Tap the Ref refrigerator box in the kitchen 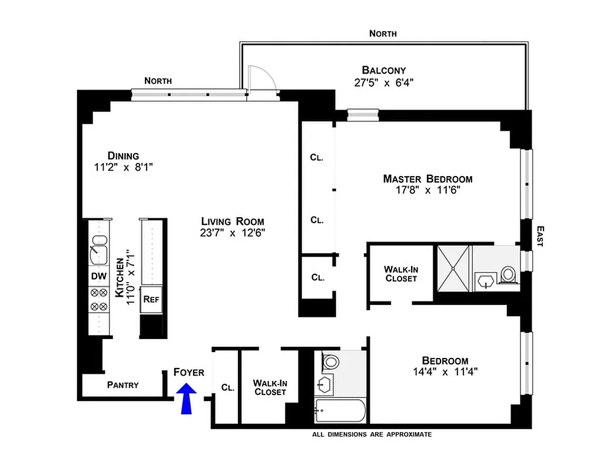[x=150, y=299]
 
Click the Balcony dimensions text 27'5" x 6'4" [x=384, y=83]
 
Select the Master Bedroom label [x=427, y=178]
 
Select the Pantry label [x=123, y=385]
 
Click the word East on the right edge [x=539, y=238]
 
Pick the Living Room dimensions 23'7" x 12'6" [x=233, y=233]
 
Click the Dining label [x=123, y=156]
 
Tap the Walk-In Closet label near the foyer [x=269, y=387]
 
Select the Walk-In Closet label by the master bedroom [x=401, y=274]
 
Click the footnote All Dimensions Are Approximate [x=372, y=434]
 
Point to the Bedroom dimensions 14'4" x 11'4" [x=445, y=372]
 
